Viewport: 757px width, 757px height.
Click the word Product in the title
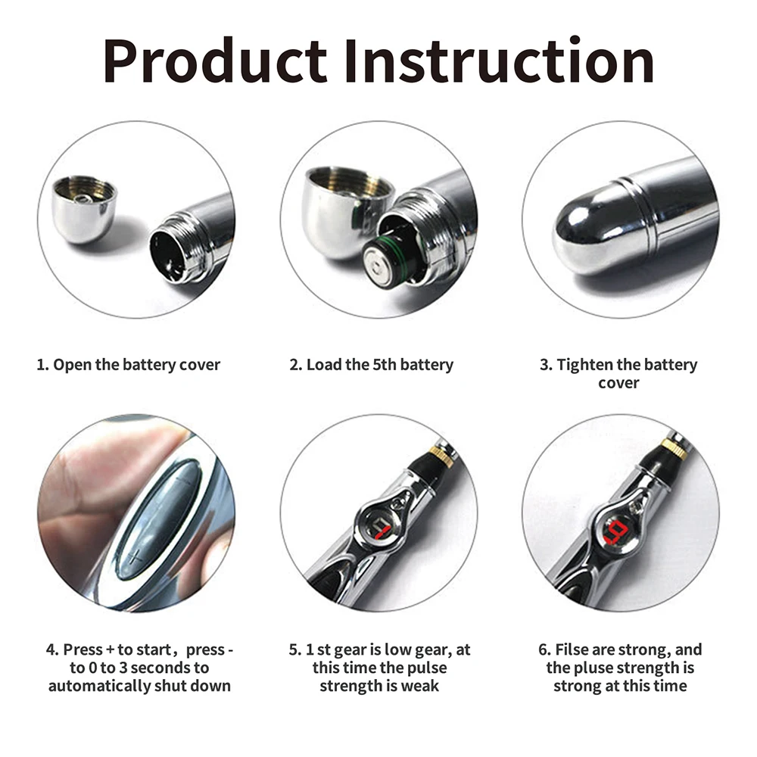[x=215, y=62]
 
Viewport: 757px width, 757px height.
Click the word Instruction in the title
[x=498, y=62]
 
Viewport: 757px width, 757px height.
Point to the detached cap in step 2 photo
[x=344, y=209]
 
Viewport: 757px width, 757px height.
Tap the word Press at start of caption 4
[x=83, y=650]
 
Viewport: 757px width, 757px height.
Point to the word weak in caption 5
[x=420, y=687]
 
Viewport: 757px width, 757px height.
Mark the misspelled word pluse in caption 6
[x=597, y=668]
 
